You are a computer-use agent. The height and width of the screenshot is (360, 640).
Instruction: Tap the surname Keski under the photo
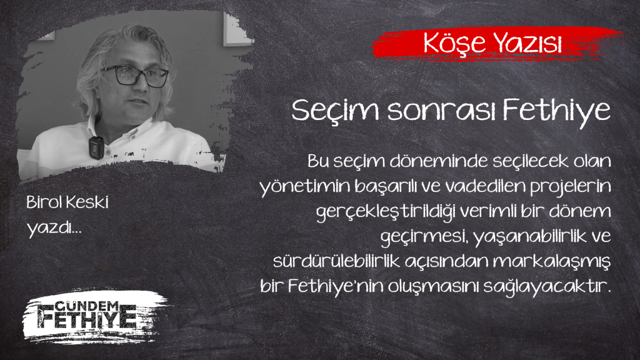86,202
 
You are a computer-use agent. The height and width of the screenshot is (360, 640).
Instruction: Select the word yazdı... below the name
54,227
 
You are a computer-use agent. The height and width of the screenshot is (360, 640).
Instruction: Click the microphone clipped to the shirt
96,147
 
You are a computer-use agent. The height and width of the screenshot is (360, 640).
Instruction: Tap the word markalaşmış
551,262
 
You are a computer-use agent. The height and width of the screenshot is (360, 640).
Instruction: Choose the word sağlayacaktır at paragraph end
547,287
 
